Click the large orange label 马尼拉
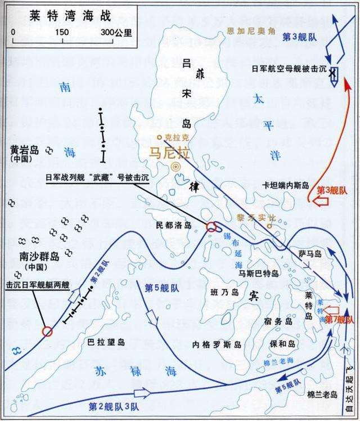[x=169, y=152]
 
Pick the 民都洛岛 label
[x=174, y=225]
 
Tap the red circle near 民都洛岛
[x=212, y=227]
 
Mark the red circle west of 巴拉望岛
[x=47, y=331]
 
